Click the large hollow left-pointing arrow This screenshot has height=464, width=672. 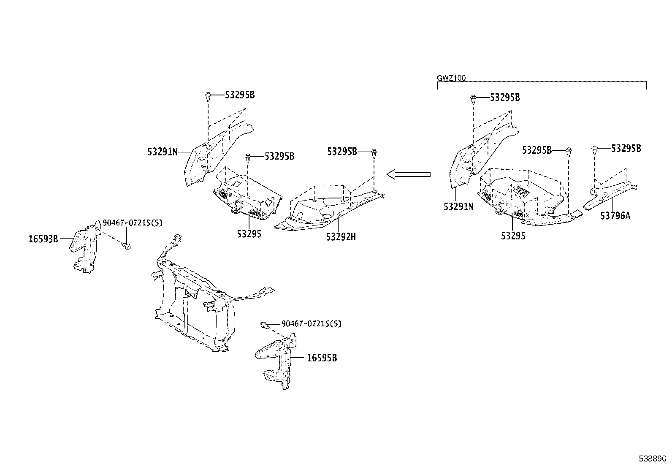point(408,174)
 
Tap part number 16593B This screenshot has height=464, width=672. point(43,239)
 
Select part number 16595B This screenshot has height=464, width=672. point(322,358)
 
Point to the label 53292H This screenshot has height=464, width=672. point(341,237)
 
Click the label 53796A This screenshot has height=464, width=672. point(615,216)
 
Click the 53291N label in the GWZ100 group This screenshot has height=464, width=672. point(458,207)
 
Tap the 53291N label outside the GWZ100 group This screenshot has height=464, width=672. point(163,152)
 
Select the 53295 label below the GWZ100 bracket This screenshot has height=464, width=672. point(513,236)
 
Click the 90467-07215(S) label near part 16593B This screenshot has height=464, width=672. point(133,223)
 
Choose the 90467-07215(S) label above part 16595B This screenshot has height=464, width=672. point(312,324)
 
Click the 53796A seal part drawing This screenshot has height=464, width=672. point(610,194)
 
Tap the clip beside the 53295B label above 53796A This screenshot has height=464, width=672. point(595,149)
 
